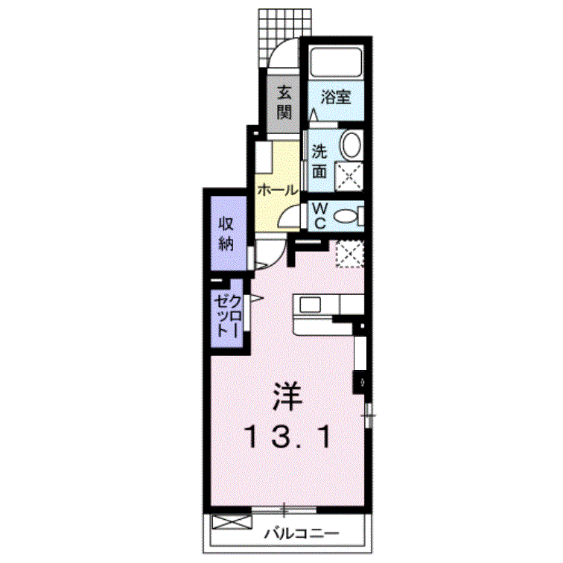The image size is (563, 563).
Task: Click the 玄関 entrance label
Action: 284,103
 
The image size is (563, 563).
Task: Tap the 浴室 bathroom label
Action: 336,97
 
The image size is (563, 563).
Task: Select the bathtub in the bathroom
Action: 336,62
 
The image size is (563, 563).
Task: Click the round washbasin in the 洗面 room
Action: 352,144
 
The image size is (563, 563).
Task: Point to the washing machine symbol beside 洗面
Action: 349,176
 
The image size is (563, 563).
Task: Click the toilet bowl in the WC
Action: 346,217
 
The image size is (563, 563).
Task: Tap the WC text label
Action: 319,215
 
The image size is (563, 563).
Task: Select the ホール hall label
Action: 278,190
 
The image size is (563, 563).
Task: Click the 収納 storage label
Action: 226,234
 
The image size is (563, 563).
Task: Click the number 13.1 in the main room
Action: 287,436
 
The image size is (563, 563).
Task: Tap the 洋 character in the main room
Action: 287,396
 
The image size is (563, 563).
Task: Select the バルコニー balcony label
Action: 302,533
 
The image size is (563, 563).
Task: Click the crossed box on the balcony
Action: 232,522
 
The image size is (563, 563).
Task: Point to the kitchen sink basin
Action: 311,305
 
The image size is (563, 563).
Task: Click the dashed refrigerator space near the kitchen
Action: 350,254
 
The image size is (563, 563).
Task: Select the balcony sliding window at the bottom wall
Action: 284,510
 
